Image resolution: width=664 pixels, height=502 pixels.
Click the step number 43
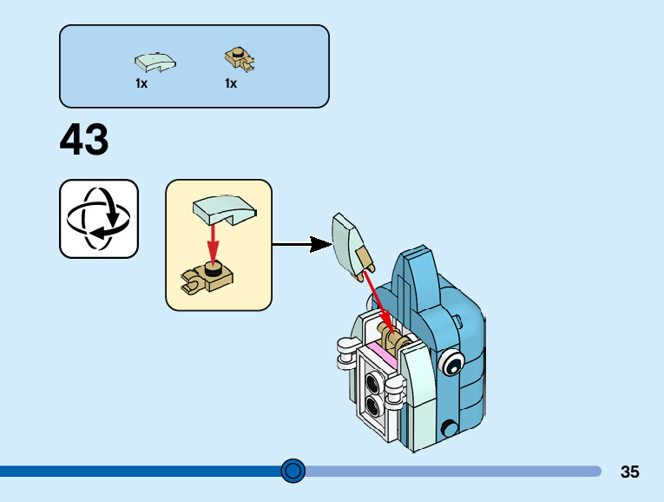tap(84, 139)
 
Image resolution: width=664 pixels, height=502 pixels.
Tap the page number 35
tap(629, 472)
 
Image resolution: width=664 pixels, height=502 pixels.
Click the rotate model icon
tap(99, 219)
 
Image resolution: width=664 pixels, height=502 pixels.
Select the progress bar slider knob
tap(293, 471)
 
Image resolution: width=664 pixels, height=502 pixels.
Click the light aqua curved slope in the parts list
tap(155, 63)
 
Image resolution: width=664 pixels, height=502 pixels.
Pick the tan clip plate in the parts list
tap(240, 59)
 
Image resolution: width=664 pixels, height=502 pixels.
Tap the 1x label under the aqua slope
tap(141, 83)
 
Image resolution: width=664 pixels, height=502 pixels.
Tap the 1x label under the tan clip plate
tap(231, 83)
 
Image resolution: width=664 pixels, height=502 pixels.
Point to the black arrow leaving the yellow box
tap(302, 244)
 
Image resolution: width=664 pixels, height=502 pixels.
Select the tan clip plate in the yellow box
tap(207, 277)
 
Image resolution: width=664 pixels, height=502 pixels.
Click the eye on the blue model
tap(451, 363)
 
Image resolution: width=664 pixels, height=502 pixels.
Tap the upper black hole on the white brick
tap(373, 383)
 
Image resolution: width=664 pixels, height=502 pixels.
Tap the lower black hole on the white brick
tap(373, 406)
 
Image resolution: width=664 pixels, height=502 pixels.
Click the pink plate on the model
tap(383, 354)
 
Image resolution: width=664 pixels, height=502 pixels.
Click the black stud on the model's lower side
tap(449, 429)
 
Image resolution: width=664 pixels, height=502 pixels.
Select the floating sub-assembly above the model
tap(352, 247)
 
